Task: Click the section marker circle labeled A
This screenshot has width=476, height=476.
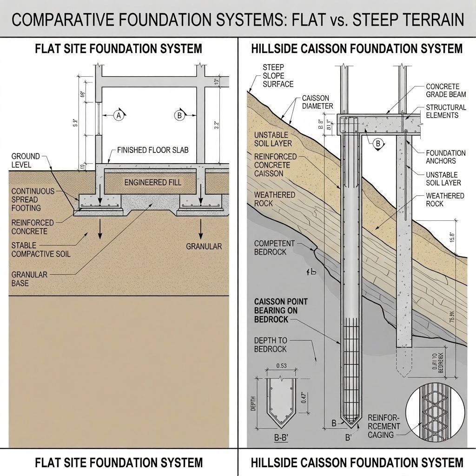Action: [x=118, y=116]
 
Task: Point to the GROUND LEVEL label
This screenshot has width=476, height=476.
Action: [x=26, y=161]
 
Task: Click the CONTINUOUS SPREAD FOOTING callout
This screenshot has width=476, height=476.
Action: [x=33, y=199]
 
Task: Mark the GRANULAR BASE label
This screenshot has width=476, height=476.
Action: [x=29, y=279]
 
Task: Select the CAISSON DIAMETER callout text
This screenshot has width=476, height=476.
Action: [x=317, y=102]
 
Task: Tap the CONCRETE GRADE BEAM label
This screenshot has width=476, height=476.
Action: [x=443, y=90]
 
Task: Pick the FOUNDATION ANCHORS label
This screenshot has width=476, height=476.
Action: [x=446, y=157]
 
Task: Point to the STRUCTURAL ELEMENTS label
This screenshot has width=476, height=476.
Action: [x=446, y=111]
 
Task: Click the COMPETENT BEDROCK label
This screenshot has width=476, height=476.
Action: [x=274, y=247]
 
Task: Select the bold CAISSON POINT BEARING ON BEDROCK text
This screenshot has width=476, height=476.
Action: [x=281, y=311]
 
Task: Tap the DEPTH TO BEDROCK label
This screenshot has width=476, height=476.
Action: [x=271, y=344]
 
